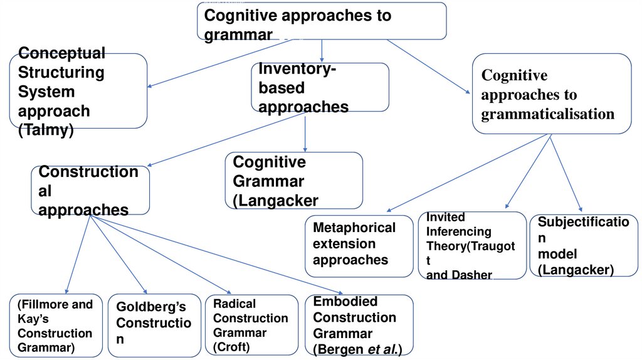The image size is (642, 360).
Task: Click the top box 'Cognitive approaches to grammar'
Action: (322, 21)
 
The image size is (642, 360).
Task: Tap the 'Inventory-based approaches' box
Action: (320, 88)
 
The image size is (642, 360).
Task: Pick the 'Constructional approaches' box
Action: (91, 190)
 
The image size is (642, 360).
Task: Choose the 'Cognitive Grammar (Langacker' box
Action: (293, 181)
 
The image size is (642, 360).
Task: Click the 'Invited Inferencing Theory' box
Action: (472, 245)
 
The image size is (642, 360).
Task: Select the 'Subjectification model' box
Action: (584, 245)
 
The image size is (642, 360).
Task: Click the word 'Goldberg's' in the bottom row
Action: (151, 307)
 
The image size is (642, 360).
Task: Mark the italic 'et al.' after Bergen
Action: (382, 349)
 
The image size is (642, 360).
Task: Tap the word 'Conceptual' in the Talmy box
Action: (61, 53)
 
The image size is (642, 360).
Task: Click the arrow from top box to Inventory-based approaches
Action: (322, 51)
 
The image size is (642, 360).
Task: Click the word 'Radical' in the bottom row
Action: (234, 304)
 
